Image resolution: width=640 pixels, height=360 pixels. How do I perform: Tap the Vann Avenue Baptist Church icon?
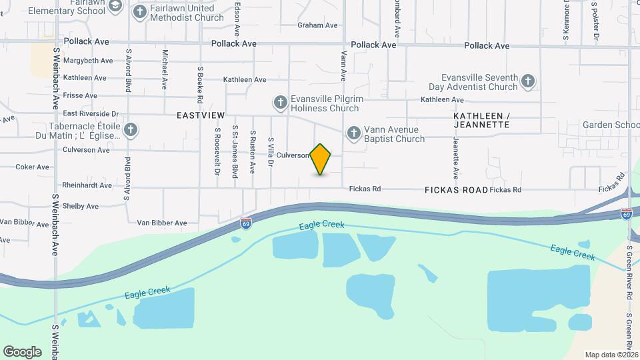[354, 133]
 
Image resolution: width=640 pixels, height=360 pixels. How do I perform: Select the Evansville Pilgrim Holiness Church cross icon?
[281, 103]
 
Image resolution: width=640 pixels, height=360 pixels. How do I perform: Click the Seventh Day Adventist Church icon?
[528, 81]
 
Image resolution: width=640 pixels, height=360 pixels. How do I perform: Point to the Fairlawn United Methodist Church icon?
[140, 11]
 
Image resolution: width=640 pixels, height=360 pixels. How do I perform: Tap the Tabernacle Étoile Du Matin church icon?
[131, 130]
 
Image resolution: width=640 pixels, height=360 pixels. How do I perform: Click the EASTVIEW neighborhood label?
[201, 115]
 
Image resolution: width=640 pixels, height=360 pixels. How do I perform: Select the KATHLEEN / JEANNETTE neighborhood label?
[481, 120]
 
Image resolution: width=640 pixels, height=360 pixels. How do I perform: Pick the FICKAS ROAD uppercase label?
[456, 190]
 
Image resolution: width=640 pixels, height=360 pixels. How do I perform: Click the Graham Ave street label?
[317, 25]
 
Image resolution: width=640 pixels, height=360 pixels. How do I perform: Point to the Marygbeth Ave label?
[88, 61]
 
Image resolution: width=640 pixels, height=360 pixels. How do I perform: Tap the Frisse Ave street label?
[80, 96]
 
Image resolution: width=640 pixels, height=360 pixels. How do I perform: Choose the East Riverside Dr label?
[90, 114]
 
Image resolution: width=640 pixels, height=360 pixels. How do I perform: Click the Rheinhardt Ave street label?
[87, 185]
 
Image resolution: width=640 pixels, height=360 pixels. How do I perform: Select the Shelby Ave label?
[81, 206]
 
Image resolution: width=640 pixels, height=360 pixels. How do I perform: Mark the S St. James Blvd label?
[235, 151]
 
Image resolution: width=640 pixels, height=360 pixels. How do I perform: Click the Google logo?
[22, 351]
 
